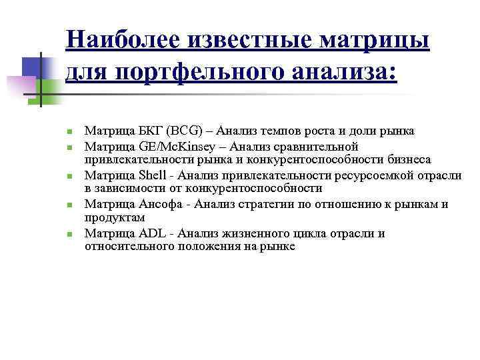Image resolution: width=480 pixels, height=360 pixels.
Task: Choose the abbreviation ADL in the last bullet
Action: [x=153, y=233]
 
